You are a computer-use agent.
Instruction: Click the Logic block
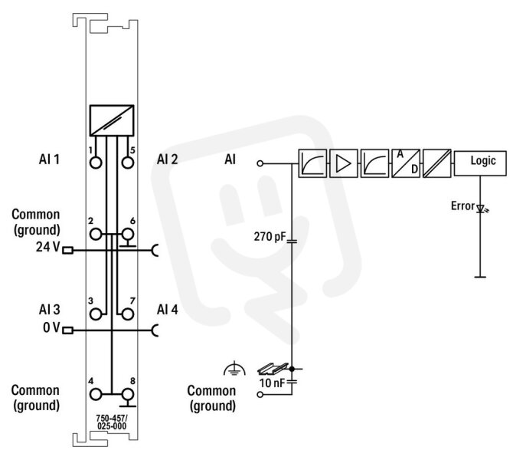[480, 163]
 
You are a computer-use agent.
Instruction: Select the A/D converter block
[406, 163]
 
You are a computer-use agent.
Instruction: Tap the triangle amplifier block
[344, 163]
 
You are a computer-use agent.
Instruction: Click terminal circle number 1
[96, 163]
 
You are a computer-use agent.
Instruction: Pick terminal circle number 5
[128, 163]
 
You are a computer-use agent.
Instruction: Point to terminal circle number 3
[96, 314]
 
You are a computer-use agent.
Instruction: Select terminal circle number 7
[128, 314]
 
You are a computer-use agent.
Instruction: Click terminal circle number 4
[96, 395]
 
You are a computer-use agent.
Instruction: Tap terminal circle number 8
[128, 395]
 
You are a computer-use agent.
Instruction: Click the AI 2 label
[167, 159]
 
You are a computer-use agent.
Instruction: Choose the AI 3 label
[50, 309]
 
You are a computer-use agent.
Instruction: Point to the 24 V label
[47, 247]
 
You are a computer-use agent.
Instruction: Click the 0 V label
[51, 327]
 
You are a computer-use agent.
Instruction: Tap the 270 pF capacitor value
[270, 236]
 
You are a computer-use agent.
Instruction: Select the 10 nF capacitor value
[273, 383]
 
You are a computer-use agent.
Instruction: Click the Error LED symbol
[481, 209]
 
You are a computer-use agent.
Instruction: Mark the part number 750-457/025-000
[112, 422]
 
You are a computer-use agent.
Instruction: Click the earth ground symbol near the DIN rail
[234, 368]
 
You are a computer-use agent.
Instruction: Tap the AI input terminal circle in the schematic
[260, 163]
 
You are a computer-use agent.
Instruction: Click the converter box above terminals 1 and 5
[112, 120]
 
